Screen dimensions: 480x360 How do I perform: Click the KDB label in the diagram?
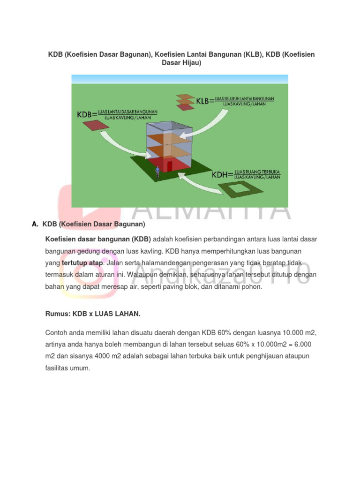(x=85, y=114)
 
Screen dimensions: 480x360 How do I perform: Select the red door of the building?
(x=170, y=167)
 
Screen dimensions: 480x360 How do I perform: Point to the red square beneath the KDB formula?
(x=93, y=126)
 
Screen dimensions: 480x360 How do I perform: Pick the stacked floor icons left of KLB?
(x=185, y=101)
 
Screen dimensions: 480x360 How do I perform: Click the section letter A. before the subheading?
(x=35, y=225)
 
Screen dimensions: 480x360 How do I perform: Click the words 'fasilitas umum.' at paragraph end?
(x=67, y=369)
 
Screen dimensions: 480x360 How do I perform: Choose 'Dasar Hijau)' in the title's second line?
(x=181, y=63)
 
